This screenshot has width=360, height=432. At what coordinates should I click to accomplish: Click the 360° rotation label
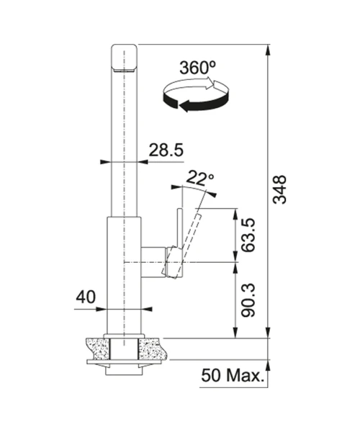click(x=197, y=68)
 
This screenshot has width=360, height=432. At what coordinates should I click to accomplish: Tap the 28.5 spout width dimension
click(x=166, y=150)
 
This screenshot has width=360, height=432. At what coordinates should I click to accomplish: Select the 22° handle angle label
click(x=200, y=179)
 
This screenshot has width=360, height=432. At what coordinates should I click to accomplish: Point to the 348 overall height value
click(x=279, y=189)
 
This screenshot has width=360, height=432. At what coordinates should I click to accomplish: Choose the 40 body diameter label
click(x=86, y=297)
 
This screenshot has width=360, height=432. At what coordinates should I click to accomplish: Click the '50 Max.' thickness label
click(x=232, y=375)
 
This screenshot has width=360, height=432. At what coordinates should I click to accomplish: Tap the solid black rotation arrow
click(x=197, y=102)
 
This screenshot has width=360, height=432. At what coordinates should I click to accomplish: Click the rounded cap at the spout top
click(x=124, y=58)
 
